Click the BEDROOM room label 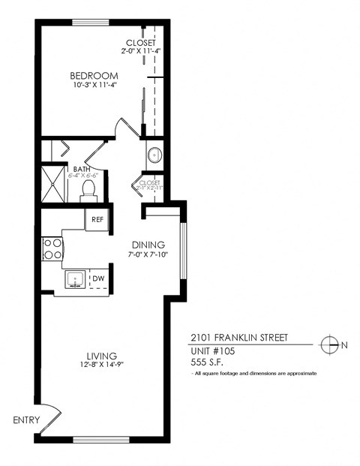[95, 76]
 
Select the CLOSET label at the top [141, 43]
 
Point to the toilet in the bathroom [88, 190]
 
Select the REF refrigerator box [97, 219]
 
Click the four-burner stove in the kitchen [52, 249]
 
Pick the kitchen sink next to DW [76, 279]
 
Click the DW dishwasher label [98, 279]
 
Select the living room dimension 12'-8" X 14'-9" [101, 365]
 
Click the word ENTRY [25, 420]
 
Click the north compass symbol [328, 345]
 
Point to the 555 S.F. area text [207, 362]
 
